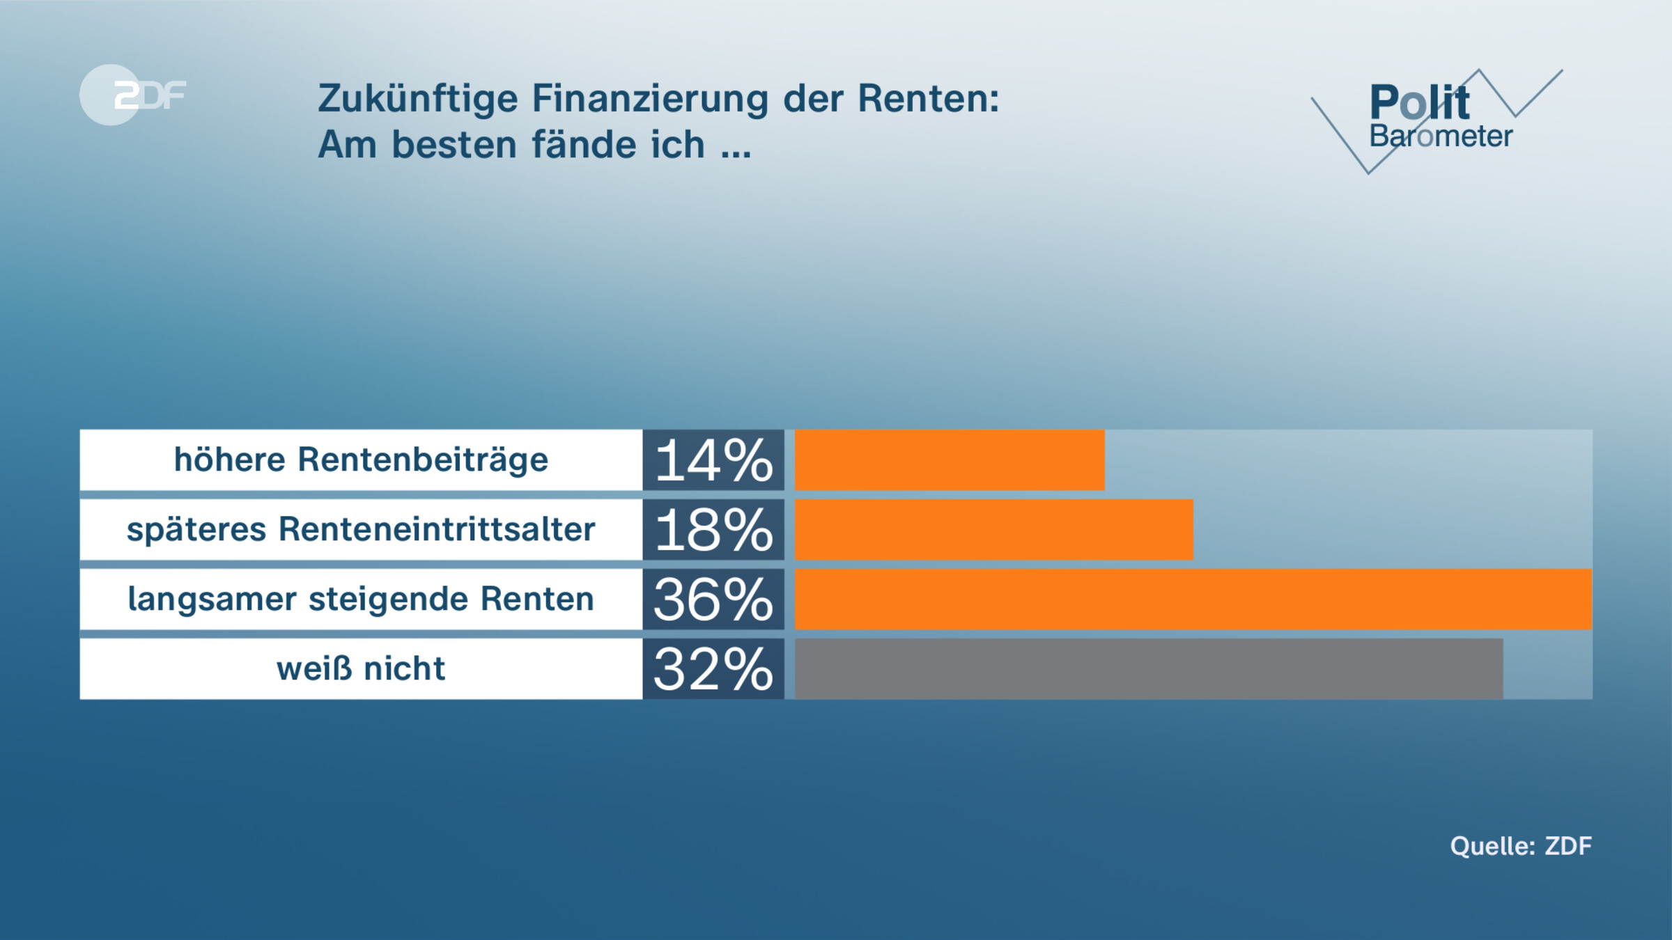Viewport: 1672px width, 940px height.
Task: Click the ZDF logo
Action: pos(132,95)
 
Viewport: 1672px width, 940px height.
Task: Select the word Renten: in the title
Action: pos(928,98)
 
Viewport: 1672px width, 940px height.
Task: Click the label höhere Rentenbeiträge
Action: pos(361,460)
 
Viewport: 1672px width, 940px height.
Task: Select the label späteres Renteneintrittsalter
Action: pos(361,529)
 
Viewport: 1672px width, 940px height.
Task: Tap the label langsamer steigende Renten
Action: pos(361,599)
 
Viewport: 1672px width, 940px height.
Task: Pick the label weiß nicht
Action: pos(361,668)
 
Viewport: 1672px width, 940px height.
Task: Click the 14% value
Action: pos(713,460)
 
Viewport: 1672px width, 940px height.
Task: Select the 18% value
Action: pos(713,530)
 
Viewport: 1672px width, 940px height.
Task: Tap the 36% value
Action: pos(713,600)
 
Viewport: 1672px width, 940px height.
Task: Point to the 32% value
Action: pos(713,669)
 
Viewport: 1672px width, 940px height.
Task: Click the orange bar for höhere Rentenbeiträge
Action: pos(949,460)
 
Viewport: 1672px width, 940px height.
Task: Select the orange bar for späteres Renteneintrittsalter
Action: pos(993,530)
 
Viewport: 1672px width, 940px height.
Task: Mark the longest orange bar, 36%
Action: pos(1193,600)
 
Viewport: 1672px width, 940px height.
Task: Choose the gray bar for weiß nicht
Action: pos(1148,669)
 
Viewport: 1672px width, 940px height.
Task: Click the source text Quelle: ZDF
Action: pos(1520,846)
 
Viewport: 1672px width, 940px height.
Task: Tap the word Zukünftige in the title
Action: pos(417,98)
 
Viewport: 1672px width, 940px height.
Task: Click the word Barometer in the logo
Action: pos(1441,136)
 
